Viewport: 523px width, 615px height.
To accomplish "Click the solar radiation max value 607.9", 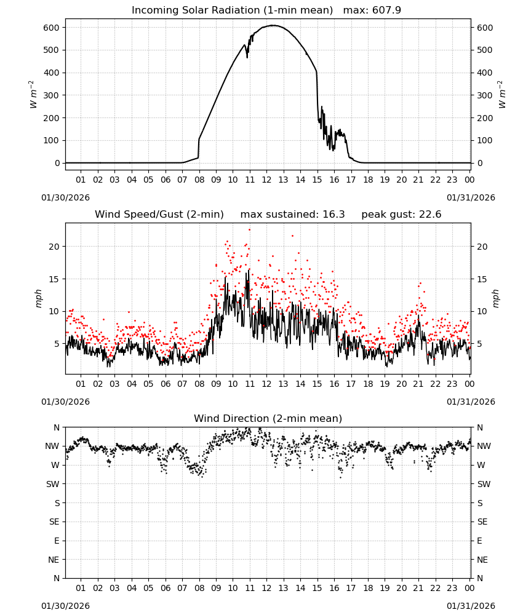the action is (x=386, y=10).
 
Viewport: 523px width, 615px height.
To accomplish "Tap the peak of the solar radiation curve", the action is (x=273, y=25).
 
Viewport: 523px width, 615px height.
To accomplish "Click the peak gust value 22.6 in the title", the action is (x=429, y=215).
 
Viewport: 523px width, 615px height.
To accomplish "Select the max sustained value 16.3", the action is (x=333, y=215).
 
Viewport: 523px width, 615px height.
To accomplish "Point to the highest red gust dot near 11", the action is (x=249, y=230).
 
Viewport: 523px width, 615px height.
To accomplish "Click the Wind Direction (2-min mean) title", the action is (x=268, y=419).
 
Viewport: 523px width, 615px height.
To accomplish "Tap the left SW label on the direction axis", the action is (x=52, y=485).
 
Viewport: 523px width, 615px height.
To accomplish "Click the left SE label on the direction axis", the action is (x=54, y=522).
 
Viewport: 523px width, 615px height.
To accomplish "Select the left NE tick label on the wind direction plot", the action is (x=54, y=560).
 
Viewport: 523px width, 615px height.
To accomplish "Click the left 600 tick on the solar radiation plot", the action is (x=52, y=28).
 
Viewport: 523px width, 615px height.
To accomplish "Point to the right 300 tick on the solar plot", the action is (x=485, y=95).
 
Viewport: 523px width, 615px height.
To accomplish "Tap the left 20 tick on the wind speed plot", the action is (x=55, y=247).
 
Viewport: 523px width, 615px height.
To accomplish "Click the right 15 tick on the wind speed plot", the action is (x=482, y=279).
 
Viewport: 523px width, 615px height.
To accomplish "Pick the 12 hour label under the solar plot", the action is (x=266, y=180).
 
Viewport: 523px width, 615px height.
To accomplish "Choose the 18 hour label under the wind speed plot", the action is (x=367, y=384).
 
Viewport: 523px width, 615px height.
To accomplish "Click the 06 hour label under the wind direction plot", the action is (x=165, y=589).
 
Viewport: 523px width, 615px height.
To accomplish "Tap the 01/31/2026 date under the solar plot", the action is (x=471, y=197).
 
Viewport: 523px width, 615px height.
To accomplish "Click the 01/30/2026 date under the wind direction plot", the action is (x=65, y=606).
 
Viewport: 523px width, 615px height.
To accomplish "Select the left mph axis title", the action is (x=38, y=298).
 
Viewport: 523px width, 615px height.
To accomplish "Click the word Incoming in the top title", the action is (x=150, y=10).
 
